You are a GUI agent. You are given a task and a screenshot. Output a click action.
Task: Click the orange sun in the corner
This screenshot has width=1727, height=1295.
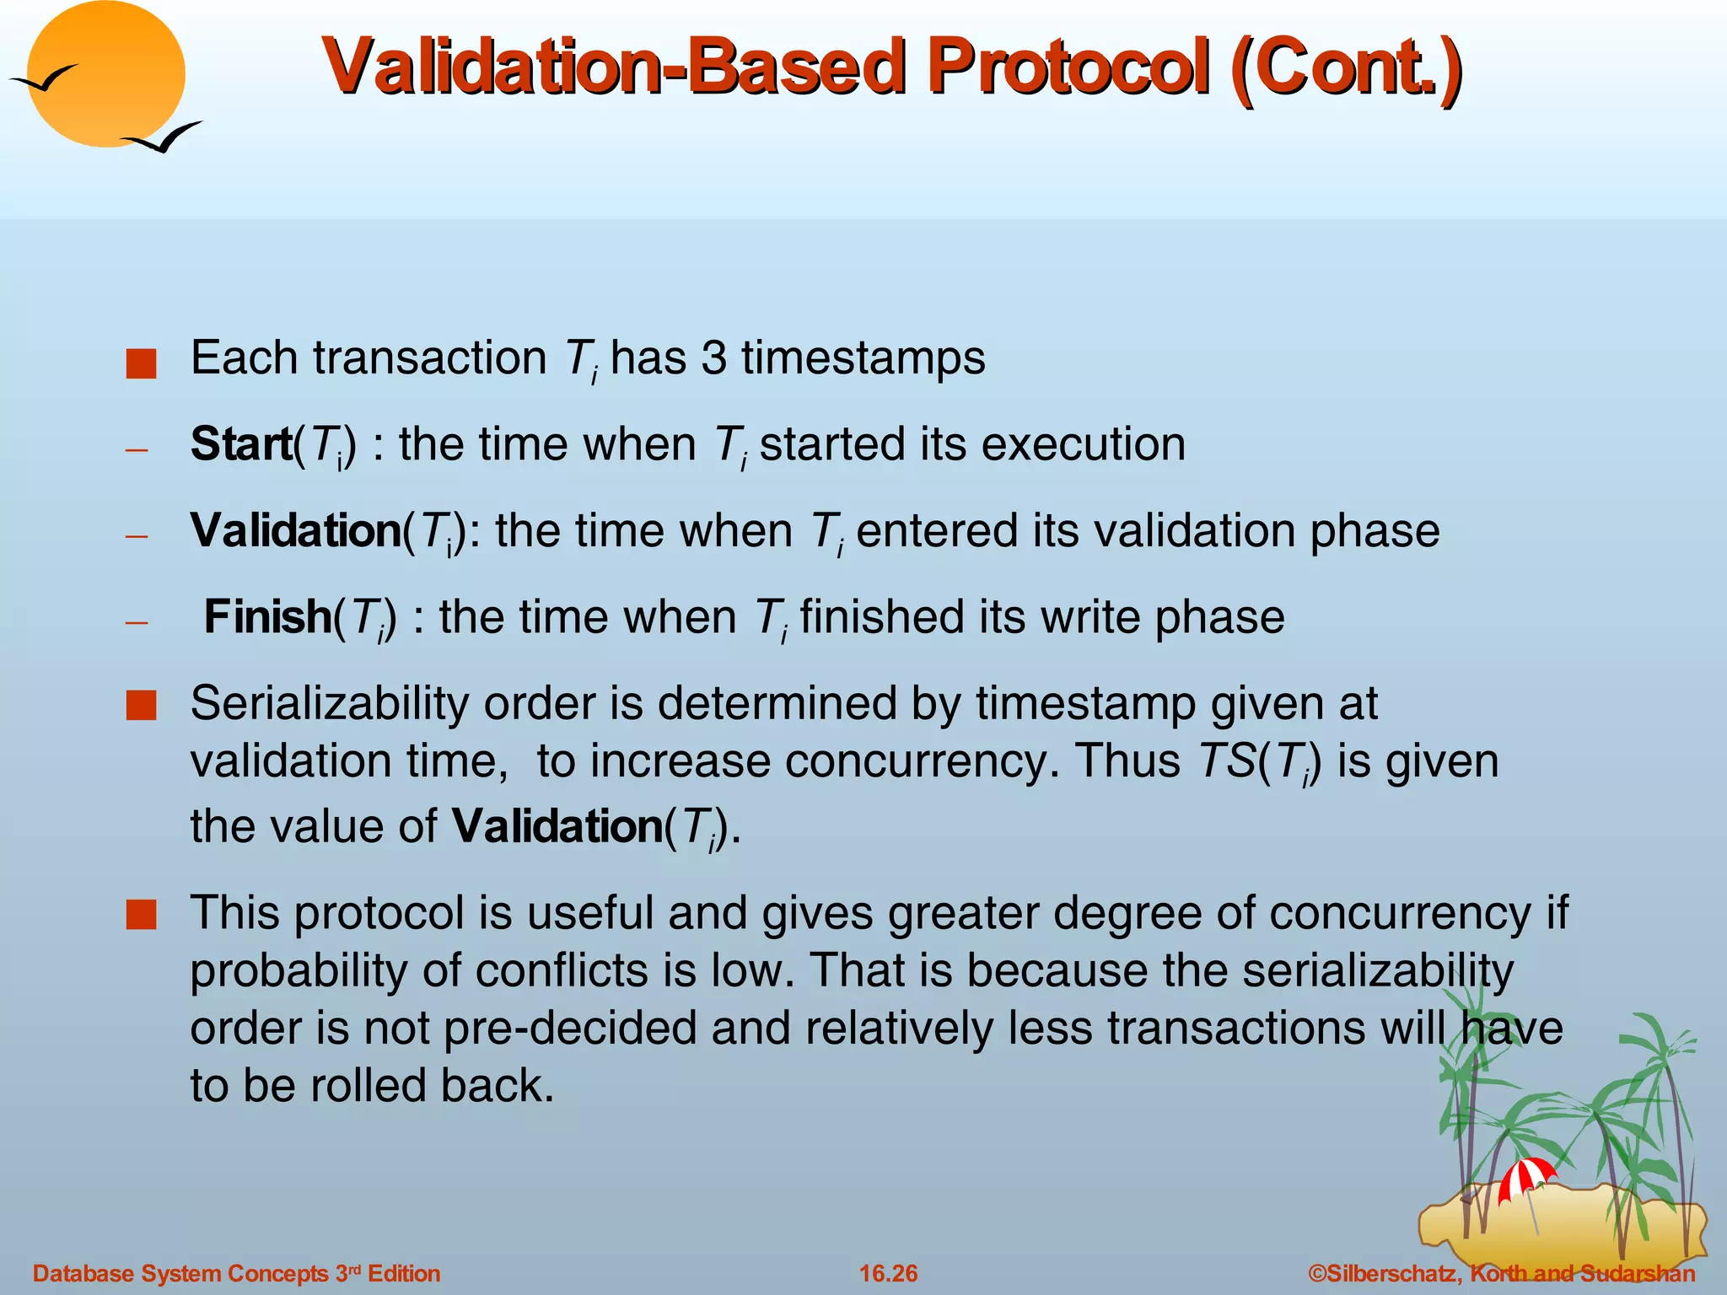(107, 76)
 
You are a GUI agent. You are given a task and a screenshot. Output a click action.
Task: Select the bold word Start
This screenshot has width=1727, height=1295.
(241, 444)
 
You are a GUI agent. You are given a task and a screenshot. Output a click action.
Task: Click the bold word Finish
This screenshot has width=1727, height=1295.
(268, 617)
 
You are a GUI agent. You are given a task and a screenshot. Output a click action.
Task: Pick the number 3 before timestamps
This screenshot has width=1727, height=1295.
(713, 357)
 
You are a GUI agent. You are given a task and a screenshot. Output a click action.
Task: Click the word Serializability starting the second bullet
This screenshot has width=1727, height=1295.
(330, 703)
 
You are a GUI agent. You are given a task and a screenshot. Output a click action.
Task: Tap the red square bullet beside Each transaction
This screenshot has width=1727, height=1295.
(141, 364)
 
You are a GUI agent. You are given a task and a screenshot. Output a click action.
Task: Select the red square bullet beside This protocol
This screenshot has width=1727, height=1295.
(141, 914)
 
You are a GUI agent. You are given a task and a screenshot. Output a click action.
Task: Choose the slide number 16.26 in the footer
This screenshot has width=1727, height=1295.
(888, 1273)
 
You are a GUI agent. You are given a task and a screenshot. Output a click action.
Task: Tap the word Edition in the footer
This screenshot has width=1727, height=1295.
(404, 1273)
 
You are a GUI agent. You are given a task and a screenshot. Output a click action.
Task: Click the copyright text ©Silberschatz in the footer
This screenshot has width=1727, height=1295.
(1383, 1273)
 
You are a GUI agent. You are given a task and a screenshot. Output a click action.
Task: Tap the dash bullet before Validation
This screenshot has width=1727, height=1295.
(137, 536)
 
